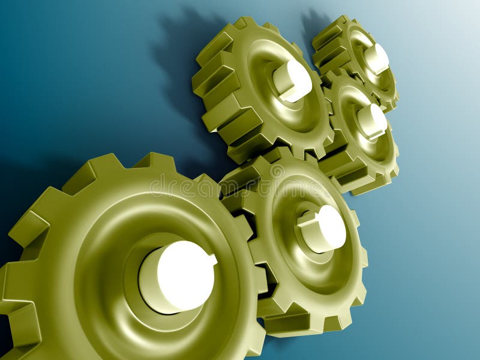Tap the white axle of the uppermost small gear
click(377, 59)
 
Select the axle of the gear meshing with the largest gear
click(323, 229)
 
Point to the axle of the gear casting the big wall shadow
click(293, 80)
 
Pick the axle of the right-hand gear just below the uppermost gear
click(373, 121)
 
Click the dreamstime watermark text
click(252, 186)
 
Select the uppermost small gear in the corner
click(357, 57)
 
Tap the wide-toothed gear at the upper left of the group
click(252, 90)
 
